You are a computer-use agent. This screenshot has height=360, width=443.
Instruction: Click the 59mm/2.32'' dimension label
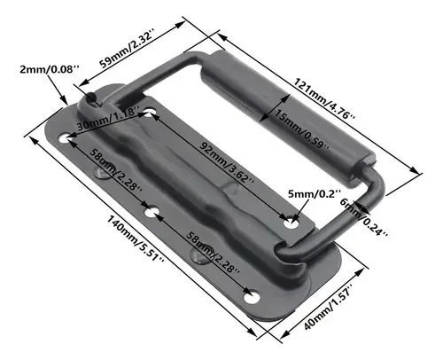[127, 49]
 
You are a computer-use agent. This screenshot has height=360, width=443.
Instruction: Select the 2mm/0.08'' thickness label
[50, 70]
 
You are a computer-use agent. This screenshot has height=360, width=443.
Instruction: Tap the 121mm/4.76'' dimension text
[324, 98]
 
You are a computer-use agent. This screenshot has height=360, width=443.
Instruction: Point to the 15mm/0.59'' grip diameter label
[301, 129]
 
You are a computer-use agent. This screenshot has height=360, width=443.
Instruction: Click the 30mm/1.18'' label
[108, 119]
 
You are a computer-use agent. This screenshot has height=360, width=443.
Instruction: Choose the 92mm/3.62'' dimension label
[227, 162]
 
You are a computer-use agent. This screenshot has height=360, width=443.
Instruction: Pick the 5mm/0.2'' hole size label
[315, 194]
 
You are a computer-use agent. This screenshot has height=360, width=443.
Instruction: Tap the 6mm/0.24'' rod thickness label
[364, 218]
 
